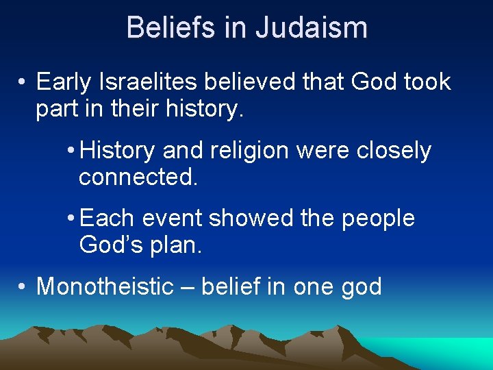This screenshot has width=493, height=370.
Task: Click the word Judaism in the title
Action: tap(312, 28)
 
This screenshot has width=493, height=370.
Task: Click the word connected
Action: tap(138, 177)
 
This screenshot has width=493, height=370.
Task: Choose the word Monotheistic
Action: tap(105, 286)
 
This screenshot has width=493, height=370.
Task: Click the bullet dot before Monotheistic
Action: tap(23, 286)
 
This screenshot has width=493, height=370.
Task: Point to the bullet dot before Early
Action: tap(23, 83)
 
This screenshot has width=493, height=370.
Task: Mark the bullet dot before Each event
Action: tap(71, 219)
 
